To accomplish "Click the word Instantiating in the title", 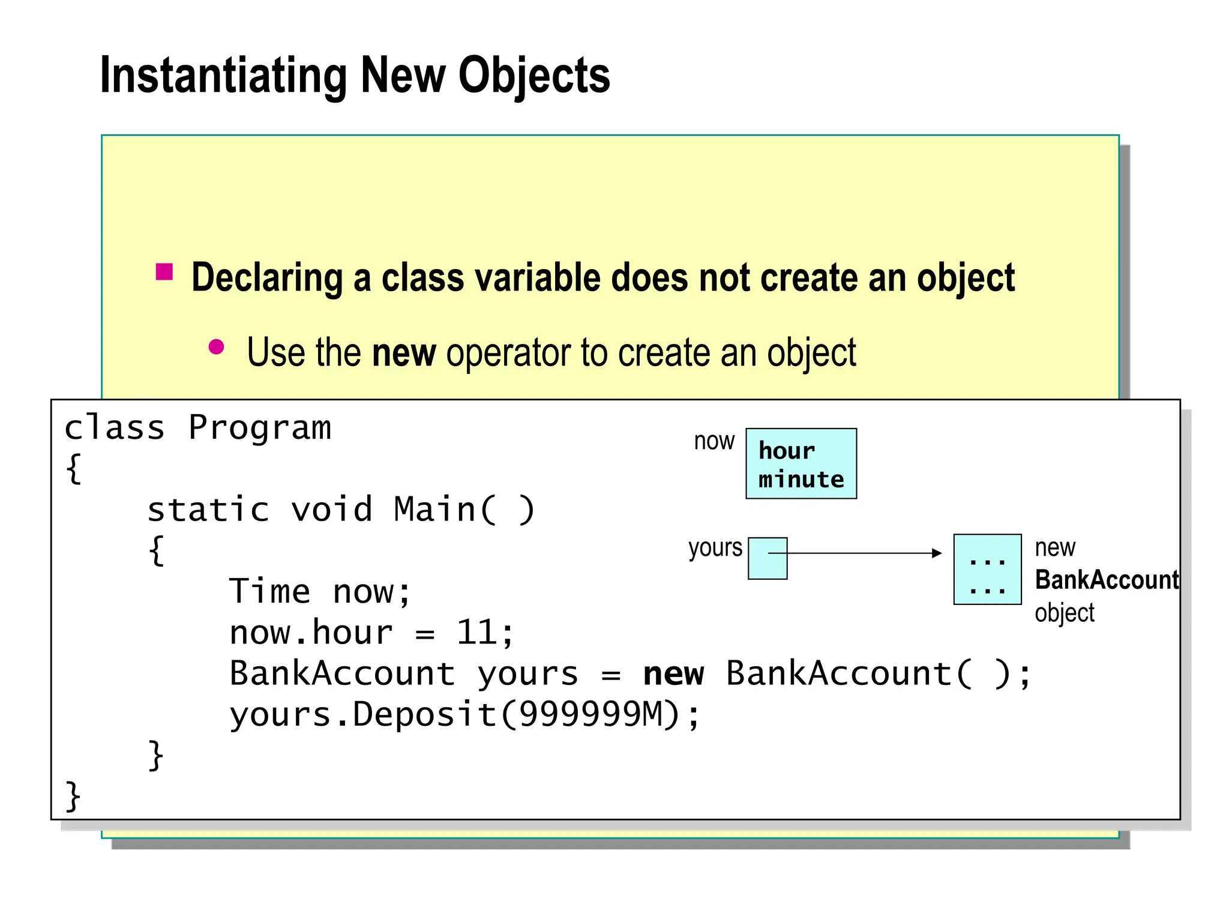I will tap(223, 76).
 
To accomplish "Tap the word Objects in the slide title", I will tap(534, 76).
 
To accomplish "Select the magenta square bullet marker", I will tap(164, 272).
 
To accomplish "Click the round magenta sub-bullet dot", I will tap(216, 347).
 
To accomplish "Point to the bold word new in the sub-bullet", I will tap(403, 352).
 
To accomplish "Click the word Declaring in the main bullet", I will tap(267, 278).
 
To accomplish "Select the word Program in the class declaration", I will tap(259, 428).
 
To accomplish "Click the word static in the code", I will tap(208, 510).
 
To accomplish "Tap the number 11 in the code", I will tap(476, 633).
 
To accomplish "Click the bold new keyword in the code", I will tap(673, 673).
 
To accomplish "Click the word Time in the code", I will tap(269, 591).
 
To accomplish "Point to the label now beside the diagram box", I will tap(714, 441).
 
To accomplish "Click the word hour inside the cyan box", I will tap(786, 451).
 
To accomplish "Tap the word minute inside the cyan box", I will tap(801, 480).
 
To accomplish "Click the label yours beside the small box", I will tap(715, 548).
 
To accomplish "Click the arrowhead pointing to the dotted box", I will tap(936, 553).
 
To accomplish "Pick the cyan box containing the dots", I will tap(987, 569).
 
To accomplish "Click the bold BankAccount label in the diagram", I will tap(1106, 580).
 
